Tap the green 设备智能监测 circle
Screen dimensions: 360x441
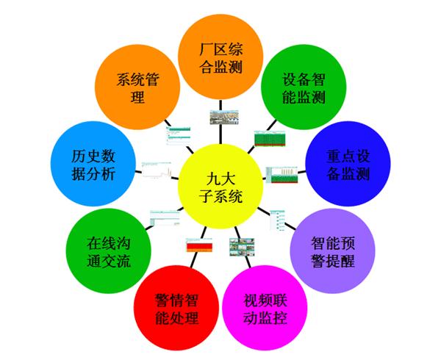303,86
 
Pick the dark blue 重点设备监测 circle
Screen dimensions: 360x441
348,166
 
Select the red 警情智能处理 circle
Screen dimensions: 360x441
176,310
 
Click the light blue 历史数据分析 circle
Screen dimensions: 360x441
93,166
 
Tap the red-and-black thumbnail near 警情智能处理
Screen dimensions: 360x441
197,246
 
